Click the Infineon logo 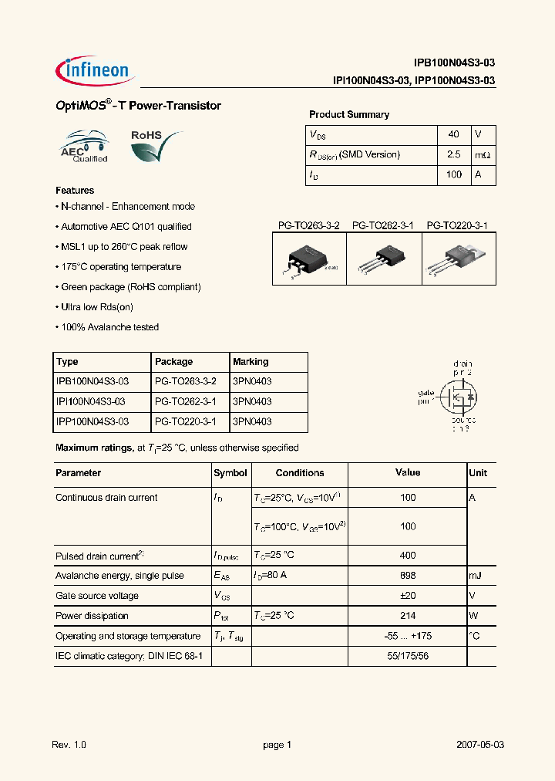pyautogui.click(x=95, y=71)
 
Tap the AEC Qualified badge pyautogui.click(x=85, y=147)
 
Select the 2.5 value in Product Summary pyautogui.click(x=453, y=154)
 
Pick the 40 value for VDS pyautogui.click(x=453, y=134)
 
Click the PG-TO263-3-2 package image pyautogui.click(x=310, y=260)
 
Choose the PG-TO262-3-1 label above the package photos pyautogui.click(x=383, y=226)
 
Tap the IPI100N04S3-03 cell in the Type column pyautogui.click(x=91, y=401)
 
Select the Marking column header pyautogui.click(x=251, y=361)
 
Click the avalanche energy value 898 pyautogui.click(x=408, y=576)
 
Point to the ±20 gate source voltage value pyautogui.click(x=408, y=596)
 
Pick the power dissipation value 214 pyautogui.click(x=408, y=616)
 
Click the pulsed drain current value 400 pyautogui.click(x=408, y=555)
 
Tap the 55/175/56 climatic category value pyautogui.click(x=408, y=656)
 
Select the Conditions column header pyautogui.click(x=300, y=473)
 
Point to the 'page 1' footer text pyautogui.click(x=277, y=745)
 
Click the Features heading pyautogui.click(x=75, y=190)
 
